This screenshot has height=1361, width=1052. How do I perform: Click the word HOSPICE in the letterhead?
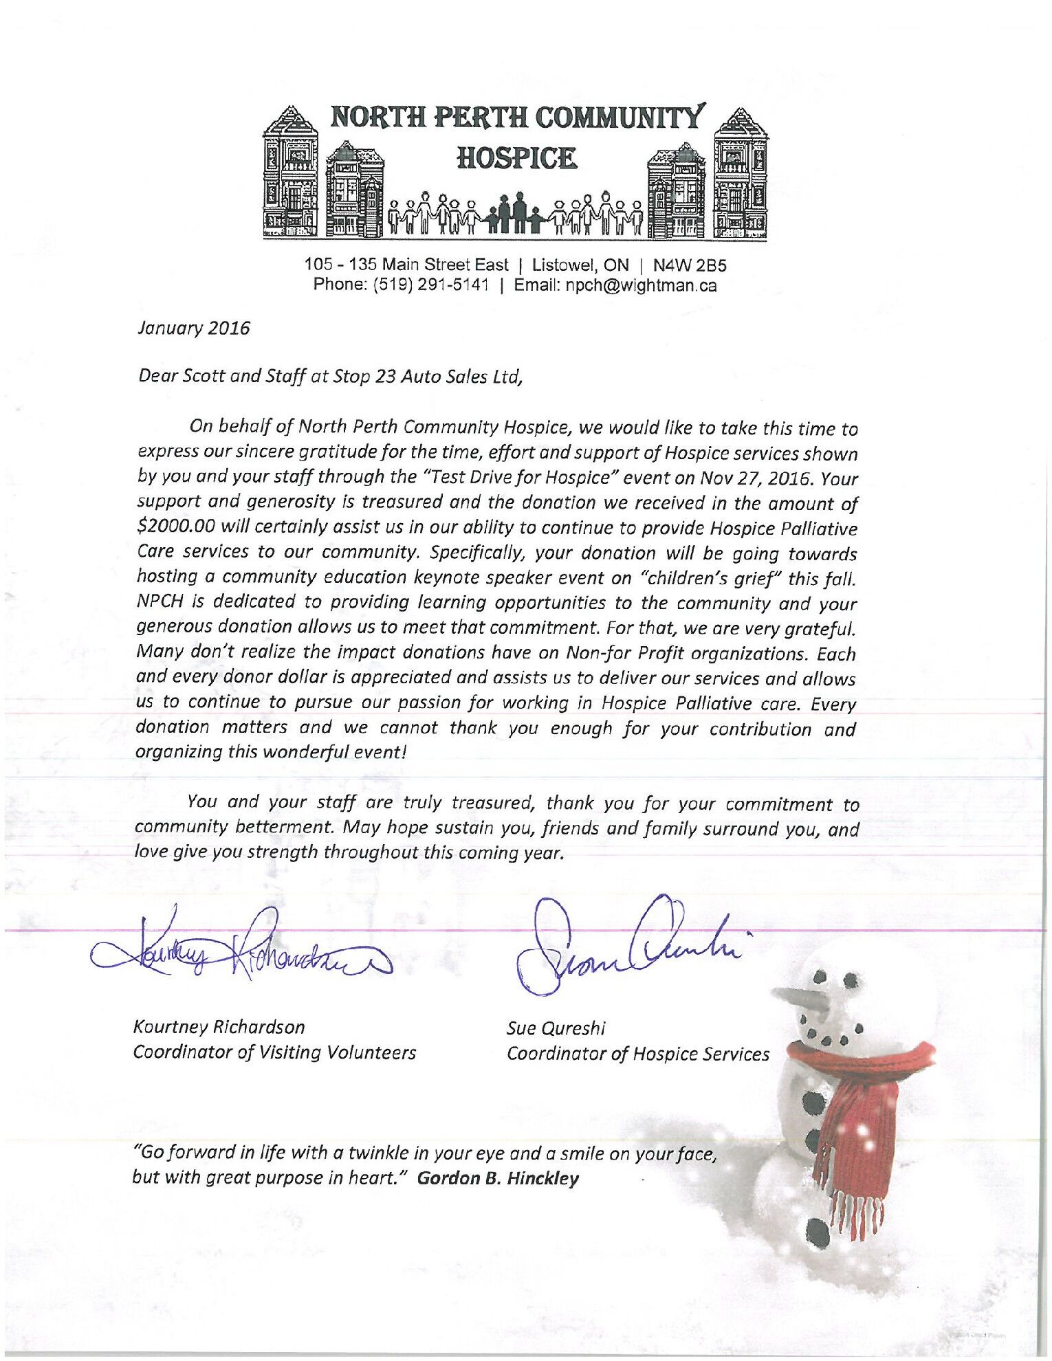[x=517, y=159]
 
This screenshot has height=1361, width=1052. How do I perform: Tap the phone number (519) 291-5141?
[x=430, y=285]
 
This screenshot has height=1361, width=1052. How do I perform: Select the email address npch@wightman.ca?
[x=641, y=285]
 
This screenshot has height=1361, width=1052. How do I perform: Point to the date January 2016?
[x=194, y=328]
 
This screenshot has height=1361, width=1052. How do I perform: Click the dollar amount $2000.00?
[x=177, y=527]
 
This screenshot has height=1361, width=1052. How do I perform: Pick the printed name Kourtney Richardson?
[x=219, y=1027]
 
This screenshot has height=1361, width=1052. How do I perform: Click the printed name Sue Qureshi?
[x=556, y=1028]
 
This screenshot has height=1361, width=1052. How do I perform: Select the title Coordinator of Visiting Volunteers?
[x=274, y=1052]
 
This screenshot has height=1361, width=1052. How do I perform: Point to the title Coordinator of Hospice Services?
[x=637, y=1054]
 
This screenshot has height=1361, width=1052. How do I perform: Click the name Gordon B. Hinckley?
[x=498, y=1178]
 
